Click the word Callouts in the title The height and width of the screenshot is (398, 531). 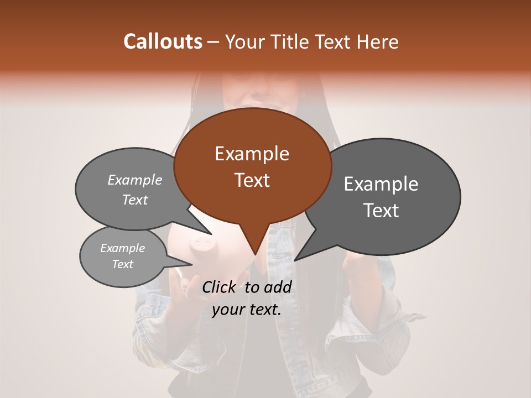click(163, 41)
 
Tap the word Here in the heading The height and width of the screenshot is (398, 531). click(378, 41)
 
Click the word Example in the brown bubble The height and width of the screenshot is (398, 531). click(252, 154)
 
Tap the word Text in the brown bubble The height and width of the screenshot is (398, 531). click(252, 180)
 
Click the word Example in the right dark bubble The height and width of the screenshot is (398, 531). click(381, 184)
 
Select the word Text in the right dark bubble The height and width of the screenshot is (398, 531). click(381, 211)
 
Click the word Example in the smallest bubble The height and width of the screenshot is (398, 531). click(122, 248)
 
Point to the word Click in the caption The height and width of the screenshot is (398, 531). click(220, 287)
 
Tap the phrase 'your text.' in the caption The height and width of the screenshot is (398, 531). click(246, 310)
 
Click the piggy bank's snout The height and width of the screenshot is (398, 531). click(200, 243)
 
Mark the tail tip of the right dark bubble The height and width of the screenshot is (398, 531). click(295, 260)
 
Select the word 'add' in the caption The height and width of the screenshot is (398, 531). click(278, 287)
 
